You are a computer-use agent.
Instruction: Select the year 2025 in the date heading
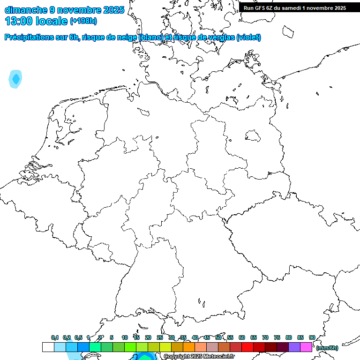[113, 10]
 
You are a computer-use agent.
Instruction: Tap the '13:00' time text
[19, 21]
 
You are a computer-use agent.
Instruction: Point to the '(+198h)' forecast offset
[83, 22]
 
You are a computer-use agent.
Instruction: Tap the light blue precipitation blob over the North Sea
[16, 79]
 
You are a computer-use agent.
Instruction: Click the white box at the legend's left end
[48, 347]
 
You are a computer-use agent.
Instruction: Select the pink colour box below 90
[306, 347]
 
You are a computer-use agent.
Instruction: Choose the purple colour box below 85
[294, 347]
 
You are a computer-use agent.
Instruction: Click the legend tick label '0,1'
[55, 337]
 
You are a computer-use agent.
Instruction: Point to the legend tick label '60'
[242, 337]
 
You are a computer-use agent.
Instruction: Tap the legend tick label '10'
[125, 337]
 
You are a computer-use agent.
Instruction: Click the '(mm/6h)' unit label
[327, 348]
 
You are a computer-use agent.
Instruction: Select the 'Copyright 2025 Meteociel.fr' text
[199, 357]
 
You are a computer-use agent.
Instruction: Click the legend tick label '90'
[312, 337]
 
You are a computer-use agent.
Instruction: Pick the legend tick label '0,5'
[78, 337]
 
